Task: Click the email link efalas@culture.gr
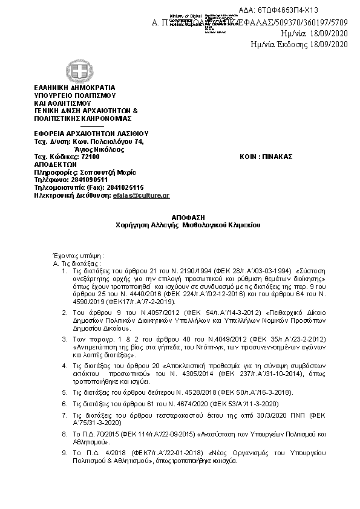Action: [x=141, y=195]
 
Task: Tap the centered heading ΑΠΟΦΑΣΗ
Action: [x=179, y=216]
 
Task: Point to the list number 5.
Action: [x=65, y=392]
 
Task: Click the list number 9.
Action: [x=65, y=452]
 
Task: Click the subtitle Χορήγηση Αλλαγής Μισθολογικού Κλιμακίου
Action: [x=179, y=224]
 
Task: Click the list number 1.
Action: [x=65, y=270]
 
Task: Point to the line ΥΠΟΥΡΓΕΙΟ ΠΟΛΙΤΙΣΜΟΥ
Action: [x=76, y=96]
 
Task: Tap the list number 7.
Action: [x=65, y=415]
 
